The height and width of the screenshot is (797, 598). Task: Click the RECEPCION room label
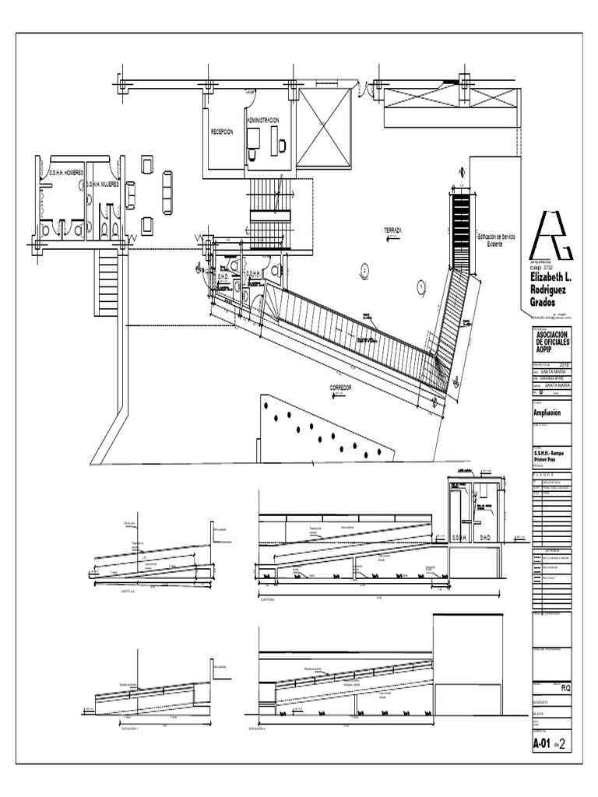[222, 132]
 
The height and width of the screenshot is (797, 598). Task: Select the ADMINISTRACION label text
[262, 121]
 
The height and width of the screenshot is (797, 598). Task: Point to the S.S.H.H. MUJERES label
[102, 184]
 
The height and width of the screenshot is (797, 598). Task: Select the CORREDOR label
[341, 387]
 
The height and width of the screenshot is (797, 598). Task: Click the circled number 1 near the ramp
[420, 286]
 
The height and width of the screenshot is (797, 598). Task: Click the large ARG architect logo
[551, 233]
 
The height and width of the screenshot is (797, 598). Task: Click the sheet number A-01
[542, 743]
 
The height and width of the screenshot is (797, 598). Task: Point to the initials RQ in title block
[566, 687]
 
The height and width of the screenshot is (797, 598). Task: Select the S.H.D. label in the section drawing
[483, 537]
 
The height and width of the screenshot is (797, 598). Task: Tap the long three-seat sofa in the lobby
[167, 187]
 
